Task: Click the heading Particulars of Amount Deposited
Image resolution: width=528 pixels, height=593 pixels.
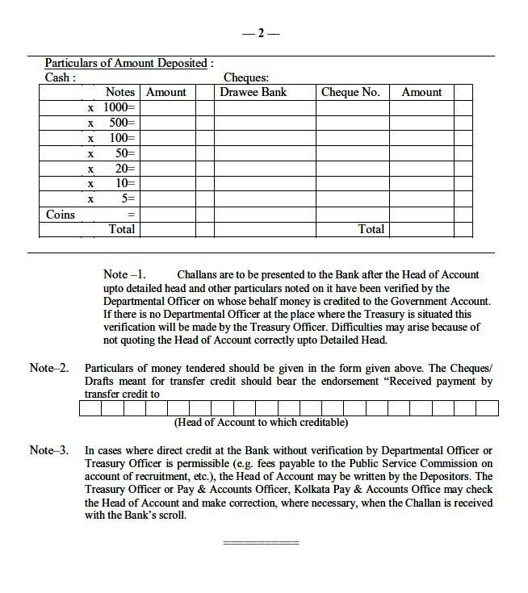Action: [130, 63]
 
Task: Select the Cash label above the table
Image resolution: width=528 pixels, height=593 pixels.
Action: [61, 77]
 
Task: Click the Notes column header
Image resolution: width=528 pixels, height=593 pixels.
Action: [121, 92]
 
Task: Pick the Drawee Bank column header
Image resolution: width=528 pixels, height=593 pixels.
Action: [254, 92]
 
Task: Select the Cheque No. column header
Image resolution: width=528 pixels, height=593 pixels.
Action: [350, 92]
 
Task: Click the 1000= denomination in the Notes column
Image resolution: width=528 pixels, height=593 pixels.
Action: [121, 107]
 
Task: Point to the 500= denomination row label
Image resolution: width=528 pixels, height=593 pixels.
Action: [124, 123]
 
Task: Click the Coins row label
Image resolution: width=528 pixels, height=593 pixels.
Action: [60, 215]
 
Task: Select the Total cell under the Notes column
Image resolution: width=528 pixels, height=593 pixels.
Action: [122, 229]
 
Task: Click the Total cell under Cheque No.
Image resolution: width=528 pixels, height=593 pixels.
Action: [371, 229]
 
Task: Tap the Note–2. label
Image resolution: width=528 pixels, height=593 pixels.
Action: [49, 368]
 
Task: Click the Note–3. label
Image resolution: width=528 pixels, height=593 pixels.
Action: [49, 450]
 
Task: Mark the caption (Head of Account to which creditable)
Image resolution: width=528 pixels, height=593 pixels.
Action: [261, 422]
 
